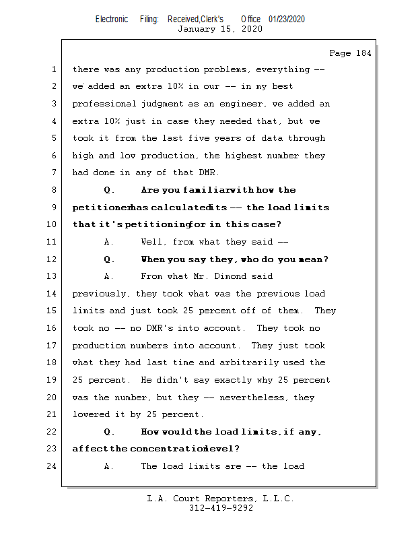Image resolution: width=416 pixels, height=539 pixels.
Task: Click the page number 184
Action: tap(361, 53)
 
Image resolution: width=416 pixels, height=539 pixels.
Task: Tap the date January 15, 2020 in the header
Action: tap(219, 29)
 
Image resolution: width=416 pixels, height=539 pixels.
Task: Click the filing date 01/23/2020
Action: tap(287, 19)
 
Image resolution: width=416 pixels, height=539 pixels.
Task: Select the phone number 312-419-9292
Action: tap(221, 509)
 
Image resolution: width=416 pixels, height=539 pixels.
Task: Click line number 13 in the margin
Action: tap(52, 276)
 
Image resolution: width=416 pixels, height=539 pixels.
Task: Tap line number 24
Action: tap(52, 466)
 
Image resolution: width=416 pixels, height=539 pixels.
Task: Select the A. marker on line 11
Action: tap(110, 242)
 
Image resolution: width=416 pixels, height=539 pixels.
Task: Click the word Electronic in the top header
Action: tap(112, 19)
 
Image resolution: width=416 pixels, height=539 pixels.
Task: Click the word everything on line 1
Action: tap(281, 69)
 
